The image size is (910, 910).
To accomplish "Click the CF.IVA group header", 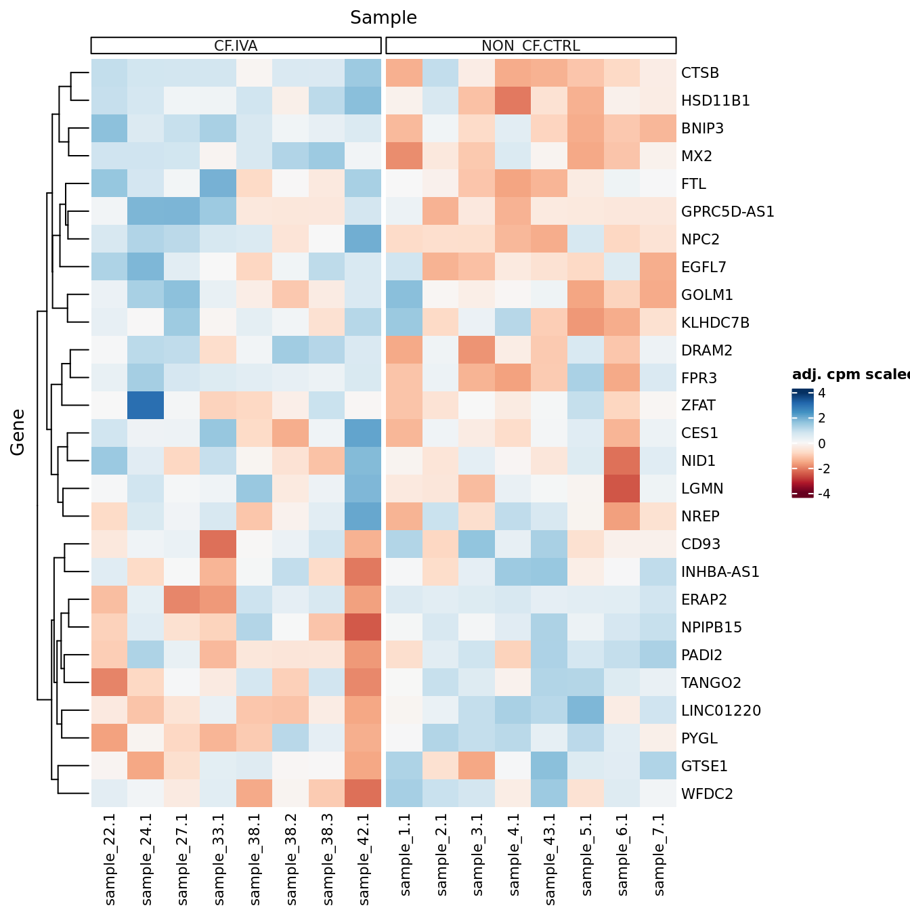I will pos(236,45).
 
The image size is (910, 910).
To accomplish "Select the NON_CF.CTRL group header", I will pos(531,45).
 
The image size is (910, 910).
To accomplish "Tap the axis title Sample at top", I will pos(383,18).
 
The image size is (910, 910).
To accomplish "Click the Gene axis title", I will pos(18,432).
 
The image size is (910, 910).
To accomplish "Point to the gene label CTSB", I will pos(700,73).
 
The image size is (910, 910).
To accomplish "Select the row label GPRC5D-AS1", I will pos(727,212).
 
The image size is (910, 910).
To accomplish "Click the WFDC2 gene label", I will pos(707,794).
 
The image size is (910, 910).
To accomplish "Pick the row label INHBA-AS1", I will pos(720,571).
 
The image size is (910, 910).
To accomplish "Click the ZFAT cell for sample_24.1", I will pos(146,406).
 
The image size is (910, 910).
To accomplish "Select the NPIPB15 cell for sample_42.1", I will pos(363,627).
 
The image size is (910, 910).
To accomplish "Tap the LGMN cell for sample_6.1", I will pos(622,488).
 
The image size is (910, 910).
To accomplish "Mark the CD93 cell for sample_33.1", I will pos(218,544).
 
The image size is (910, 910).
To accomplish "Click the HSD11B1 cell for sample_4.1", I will pos(513,101).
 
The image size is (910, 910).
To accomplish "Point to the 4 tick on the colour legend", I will pos(821,393).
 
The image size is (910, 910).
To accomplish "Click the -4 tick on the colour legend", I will pos(823,494).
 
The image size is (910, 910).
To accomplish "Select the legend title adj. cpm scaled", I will pos(850,374).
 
